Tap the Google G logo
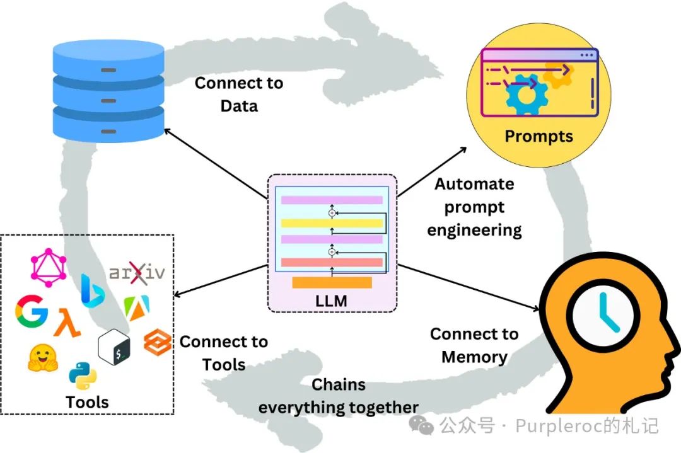[x=32, y=311]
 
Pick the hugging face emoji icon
[x=43, y=358]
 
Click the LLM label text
[x=332, y=301]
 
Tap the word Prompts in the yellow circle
[x=538, y=136]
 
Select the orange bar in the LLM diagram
[x=332, y=282]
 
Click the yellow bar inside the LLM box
[x=332, y=223]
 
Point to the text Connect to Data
[x=239, y=95]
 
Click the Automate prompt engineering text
[x=474, y=207]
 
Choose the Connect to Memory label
[x=474, y=345]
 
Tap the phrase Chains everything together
[x=339, y=396]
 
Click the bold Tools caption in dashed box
[x=87, y=402]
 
